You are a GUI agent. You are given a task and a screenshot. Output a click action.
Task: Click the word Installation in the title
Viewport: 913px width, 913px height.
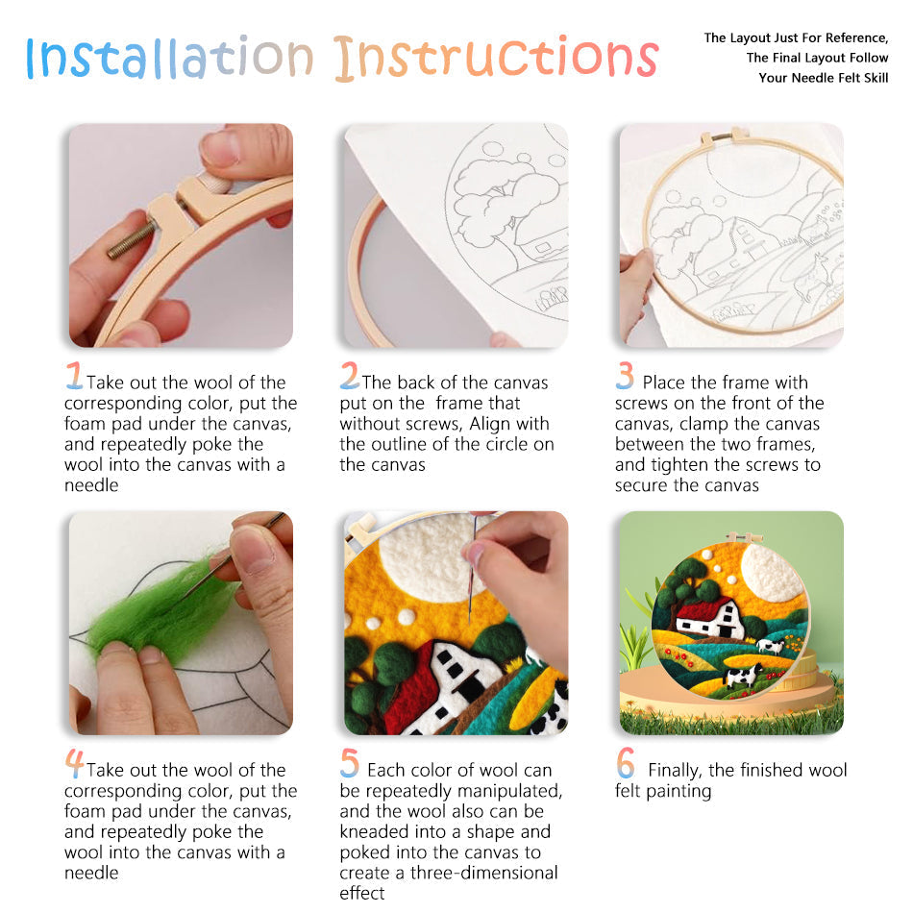(x=169, y=58)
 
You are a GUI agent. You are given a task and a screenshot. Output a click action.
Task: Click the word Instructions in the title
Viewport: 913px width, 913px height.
(x=496, y=58)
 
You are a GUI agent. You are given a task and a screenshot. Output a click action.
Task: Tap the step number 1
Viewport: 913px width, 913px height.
(x=74, y=375)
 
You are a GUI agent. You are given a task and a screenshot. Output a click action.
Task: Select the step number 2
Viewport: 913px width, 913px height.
(x=349, y=375)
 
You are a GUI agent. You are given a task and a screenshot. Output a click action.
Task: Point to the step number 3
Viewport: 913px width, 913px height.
(x=626, y=375)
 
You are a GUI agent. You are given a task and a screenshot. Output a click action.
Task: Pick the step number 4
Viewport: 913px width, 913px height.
(x=74, y=763)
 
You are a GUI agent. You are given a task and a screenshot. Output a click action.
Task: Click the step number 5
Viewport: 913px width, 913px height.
(x=350, y=763)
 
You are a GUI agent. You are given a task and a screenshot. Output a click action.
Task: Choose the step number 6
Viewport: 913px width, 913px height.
(x=626, y=763)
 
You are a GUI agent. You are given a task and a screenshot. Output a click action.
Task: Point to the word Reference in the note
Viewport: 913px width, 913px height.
(x=852, y=38)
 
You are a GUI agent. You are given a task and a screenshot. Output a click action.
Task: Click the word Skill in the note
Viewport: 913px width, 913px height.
(x=872, y=78)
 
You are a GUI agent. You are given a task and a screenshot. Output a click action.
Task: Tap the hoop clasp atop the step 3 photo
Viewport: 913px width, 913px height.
(x=722, y=138)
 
